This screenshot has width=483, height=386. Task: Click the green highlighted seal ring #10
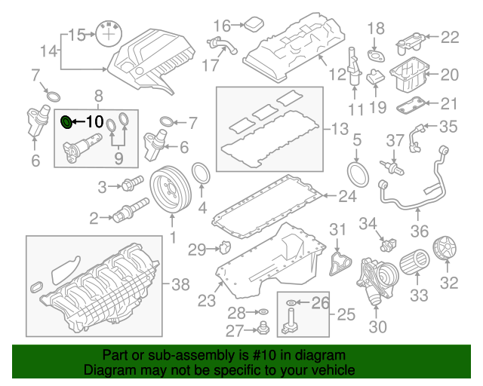click(x=66, y=121)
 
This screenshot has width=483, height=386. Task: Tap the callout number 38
click(x=181, y=284)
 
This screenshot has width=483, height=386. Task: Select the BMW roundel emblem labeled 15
click(x=111, y=34)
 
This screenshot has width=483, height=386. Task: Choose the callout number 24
click(x=346, y=198)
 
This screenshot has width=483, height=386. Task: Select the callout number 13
click(x=340, y=129)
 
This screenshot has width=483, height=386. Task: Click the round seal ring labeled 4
click(x=202, y=174)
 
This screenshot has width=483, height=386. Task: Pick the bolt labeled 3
click(x=134, y=184)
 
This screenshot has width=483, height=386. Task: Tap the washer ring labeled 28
click(x=263, y=311)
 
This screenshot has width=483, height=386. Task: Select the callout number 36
click(x=419, y=231)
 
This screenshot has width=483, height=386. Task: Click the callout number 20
click(x=451, y=75)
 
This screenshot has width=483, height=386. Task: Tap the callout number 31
click(x=338, y=229)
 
